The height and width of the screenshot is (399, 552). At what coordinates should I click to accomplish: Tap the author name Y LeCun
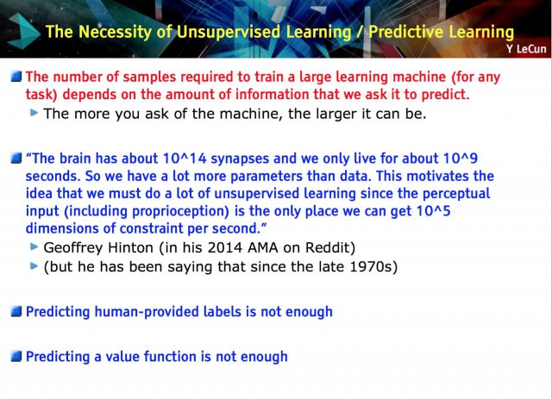pos(526,49)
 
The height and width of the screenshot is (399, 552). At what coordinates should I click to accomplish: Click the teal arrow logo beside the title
pos(23,31)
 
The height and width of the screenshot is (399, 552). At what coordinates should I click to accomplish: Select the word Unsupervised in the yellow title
pos(229,32)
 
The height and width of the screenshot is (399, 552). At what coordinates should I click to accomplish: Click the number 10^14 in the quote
pos(185,159)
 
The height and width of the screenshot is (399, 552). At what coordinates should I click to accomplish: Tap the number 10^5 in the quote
pos(433,211)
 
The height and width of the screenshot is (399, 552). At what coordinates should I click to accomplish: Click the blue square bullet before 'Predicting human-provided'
pos(16,311)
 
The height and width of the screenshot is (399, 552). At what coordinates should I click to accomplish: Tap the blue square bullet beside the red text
pos(16,76)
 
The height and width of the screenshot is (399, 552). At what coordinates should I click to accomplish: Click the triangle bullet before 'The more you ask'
pos(34,113)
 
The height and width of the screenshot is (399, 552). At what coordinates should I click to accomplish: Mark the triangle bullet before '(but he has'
pos(34,265)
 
